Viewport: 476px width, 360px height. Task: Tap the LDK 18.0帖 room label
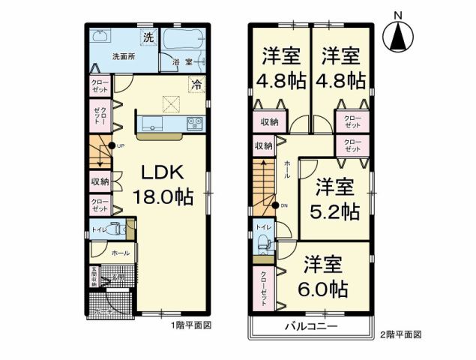point(163,185)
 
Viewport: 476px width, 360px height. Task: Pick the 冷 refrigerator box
point(196,84)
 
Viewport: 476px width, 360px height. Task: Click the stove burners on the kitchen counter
point(193,122)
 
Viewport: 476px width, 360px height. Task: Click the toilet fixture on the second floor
point(263,241)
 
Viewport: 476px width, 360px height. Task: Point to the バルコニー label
point(310,328)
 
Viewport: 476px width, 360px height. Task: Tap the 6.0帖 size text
point(323,287)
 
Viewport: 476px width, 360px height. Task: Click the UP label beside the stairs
point(120,145)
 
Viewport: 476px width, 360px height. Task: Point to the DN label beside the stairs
point(283,205)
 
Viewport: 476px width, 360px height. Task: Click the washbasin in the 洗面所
point(100,37)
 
